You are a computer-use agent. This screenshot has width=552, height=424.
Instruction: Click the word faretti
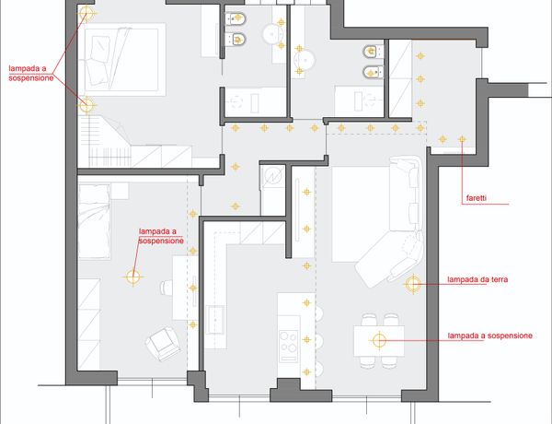(477, 198)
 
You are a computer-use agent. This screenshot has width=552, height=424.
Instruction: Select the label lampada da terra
(477, 279)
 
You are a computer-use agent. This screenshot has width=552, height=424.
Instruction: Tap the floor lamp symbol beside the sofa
(412, 284)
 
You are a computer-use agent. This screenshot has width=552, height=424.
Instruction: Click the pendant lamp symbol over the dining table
(379, 340)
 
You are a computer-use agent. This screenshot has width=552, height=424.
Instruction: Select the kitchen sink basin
(215, 320)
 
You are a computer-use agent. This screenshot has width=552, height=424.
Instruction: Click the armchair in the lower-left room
(164, 343)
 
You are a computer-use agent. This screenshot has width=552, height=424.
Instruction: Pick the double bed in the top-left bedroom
(125, 60)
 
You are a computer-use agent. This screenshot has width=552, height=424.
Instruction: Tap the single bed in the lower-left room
(94, 221)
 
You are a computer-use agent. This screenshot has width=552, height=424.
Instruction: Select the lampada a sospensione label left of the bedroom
(31, 74)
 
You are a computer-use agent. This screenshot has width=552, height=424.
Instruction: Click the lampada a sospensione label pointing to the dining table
(489, 336)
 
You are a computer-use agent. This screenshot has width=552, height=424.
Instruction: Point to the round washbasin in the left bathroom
(273, 33)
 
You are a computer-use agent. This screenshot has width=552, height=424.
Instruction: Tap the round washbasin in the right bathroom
(304, 61)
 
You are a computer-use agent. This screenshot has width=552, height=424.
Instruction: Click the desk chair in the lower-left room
(167, 287)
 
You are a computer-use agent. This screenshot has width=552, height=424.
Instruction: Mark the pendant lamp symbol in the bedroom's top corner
(86, 13)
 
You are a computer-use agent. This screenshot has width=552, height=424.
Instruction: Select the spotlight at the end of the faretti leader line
(462, 140)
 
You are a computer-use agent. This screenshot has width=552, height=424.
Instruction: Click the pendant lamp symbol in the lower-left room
(133, 277)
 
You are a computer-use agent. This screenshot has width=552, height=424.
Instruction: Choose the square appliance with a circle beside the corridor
(273, 176)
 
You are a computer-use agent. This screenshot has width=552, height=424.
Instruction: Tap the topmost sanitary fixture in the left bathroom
(236, 18)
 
